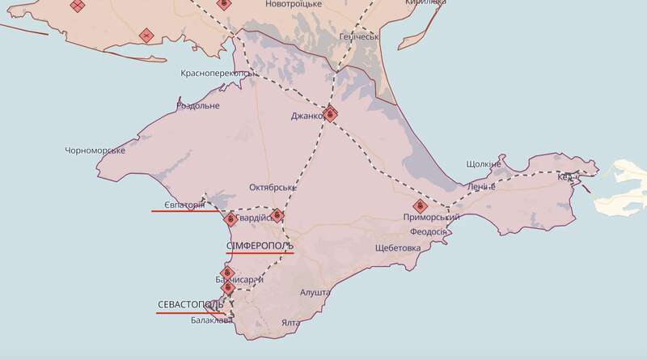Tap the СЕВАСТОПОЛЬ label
(x=190, y=304)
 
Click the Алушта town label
(x=315, y=292)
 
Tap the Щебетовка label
(x=398, y=248)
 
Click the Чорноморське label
(x=95, y=150)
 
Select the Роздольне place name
(x=197, y=106)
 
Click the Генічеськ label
(x=358, y=36)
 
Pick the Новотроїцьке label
(x=298, y=5)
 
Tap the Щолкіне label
(x=484, y=164)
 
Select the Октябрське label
(x=273, y=187)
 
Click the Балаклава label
(x=212, y=320)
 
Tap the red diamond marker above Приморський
(x=419, y=206)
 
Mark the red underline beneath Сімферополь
(x=260, y=252)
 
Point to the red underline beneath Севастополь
(x=190, y=312)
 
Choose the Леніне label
(x=480, y=187)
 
